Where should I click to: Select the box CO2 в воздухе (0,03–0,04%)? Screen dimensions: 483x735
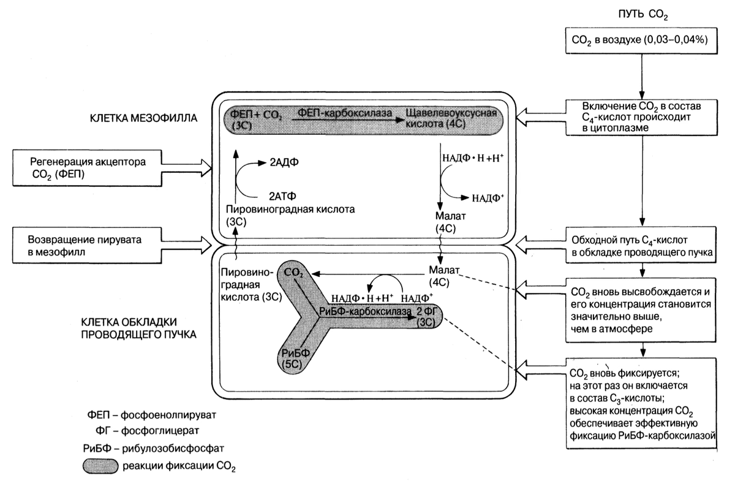[x=641, y=40]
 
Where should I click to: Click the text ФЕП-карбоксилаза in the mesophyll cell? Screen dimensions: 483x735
[x=335, y=113]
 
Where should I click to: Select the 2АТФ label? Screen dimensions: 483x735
[x=283, y=197]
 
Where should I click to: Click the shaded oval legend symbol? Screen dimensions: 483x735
[x=100, y=466]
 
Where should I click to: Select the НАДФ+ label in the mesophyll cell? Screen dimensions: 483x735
[x=488, y=197]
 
